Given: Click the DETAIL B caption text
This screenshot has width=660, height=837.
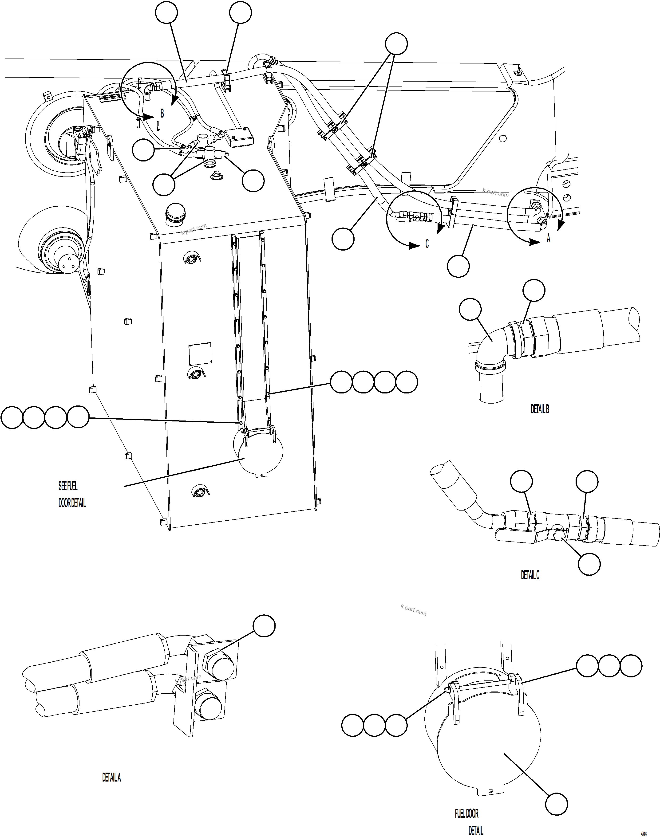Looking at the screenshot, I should coord(539,409).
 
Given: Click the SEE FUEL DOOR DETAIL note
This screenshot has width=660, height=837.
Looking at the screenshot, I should coord(72,494).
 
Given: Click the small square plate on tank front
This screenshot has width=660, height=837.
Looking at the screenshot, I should coord(200,354).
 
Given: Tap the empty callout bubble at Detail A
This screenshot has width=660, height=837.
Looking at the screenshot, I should coord(264,626).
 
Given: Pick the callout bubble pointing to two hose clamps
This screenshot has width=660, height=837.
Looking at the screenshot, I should coord(397,44).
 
